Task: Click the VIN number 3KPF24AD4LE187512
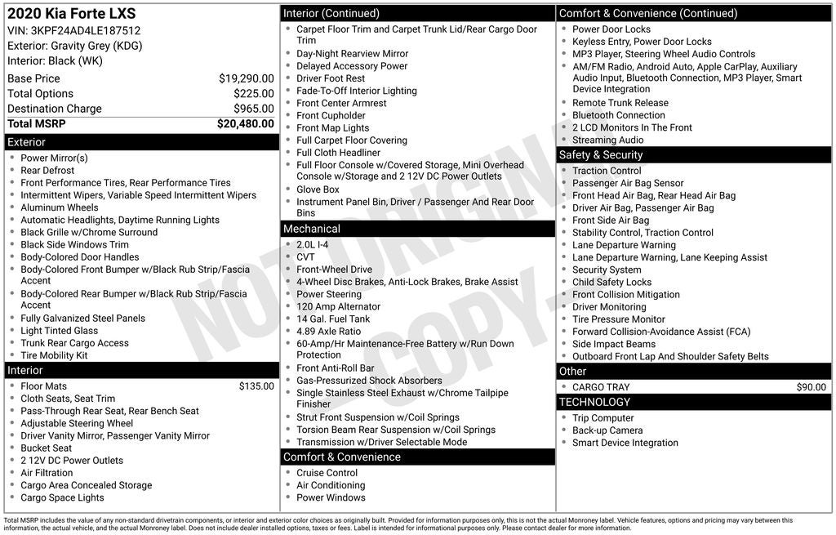pyautogui.click(x=86, y=31)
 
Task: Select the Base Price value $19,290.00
pyautogui.click(x=246, y=78)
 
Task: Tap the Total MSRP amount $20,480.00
pyautogui.click(x=245, y=124)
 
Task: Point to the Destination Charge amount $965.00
pyautogui.click(x=253, y=109)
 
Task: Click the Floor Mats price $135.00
pyautogui.click(x=256, y=386)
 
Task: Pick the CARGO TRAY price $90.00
pyautogui.click(x=811, y=387)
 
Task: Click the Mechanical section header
pyautogui.click(x=312, y=229)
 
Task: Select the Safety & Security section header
pyautogui.click(x=601, y=155)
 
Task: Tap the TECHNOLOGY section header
pyautogui.click(x=594, y=402)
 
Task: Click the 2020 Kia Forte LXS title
pyautogui.click(x=72, y=14)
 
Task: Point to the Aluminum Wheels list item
pyautogui.click(x=60, y=207)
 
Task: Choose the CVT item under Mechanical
pyautogui.click(x=305, y=257)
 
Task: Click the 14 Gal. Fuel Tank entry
pyautogui.click(x=333, y=319)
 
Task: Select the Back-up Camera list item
pyautogui.click(x=607, y=430)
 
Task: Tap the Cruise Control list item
pyautogui.click(x=327, y=473)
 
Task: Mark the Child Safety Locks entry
pyautogui.click(x=611, y=283)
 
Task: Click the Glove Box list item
pyautogui.click(x=318, y=189)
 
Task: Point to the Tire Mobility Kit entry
pyautogui.click(x=54, y=355)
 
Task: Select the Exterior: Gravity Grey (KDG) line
pyautogui.click(x=74, y=46)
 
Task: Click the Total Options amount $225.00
pyautogui.click(x=253, y=94)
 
